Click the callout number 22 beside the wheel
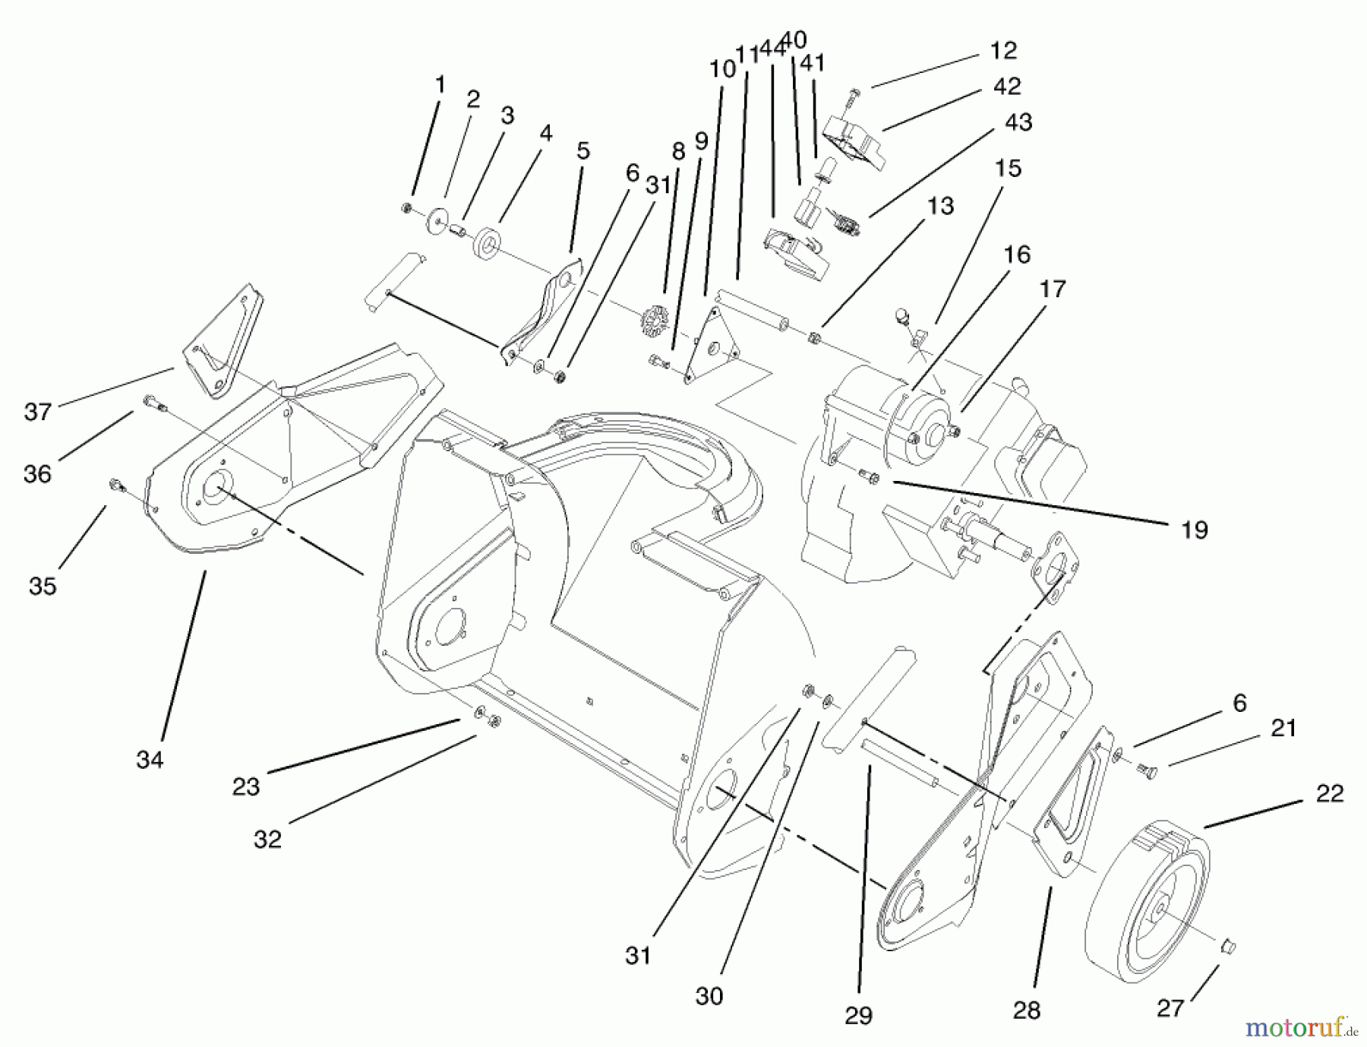[1330, 793]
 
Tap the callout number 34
[150, 759]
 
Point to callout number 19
[1194, 530]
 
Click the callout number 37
[38, 412]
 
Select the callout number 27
[1170, 1008]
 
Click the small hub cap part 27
[1227, 947]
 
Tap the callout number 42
[1007, 87]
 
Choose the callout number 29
[858, 1016]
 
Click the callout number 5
[582, 150]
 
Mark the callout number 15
[1008, 168]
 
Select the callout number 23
[245, 786]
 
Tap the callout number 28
[1026, 1010]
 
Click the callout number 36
[37, 474]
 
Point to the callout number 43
[1018, 122]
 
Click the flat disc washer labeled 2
[436, 220]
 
